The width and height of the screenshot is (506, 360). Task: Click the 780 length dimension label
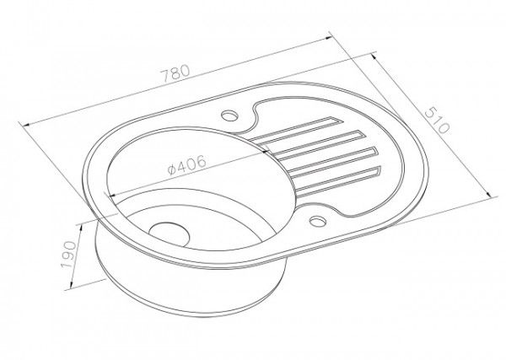click(x=175, y=74)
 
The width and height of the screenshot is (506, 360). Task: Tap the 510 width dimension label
click(x=437, y=121)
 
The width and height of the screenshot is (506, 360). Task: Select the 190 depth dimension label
click(x=69, y=255)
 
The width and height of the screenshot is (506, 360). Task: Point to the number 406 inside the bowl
click(x=191, y=164)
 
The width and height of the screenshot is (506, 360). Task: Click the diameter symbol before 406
click(x=172, y=169)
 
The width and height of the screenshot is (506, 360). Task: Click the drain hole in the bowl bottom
click(x=170, y=234)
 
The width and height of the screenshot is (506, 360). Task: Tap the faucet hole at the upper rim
click(x=229, y=115)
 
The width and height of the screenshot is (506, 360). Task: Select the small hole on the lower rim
click(x=318, y=221)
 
